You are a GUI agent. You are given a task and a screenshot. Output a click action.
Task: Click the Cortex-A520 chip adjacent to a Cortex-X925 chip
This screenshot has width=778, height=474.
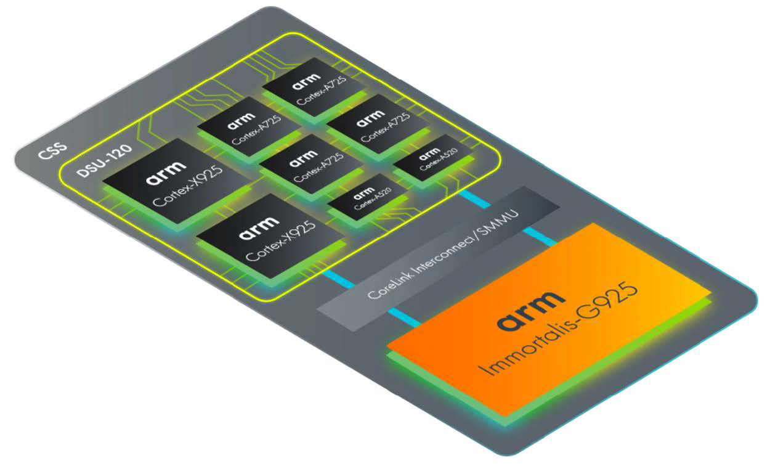coord(366,201)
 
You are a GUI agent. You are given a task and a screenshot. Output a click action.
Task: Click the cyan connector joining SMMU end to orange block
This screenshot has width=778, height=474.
coord(540,236)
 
